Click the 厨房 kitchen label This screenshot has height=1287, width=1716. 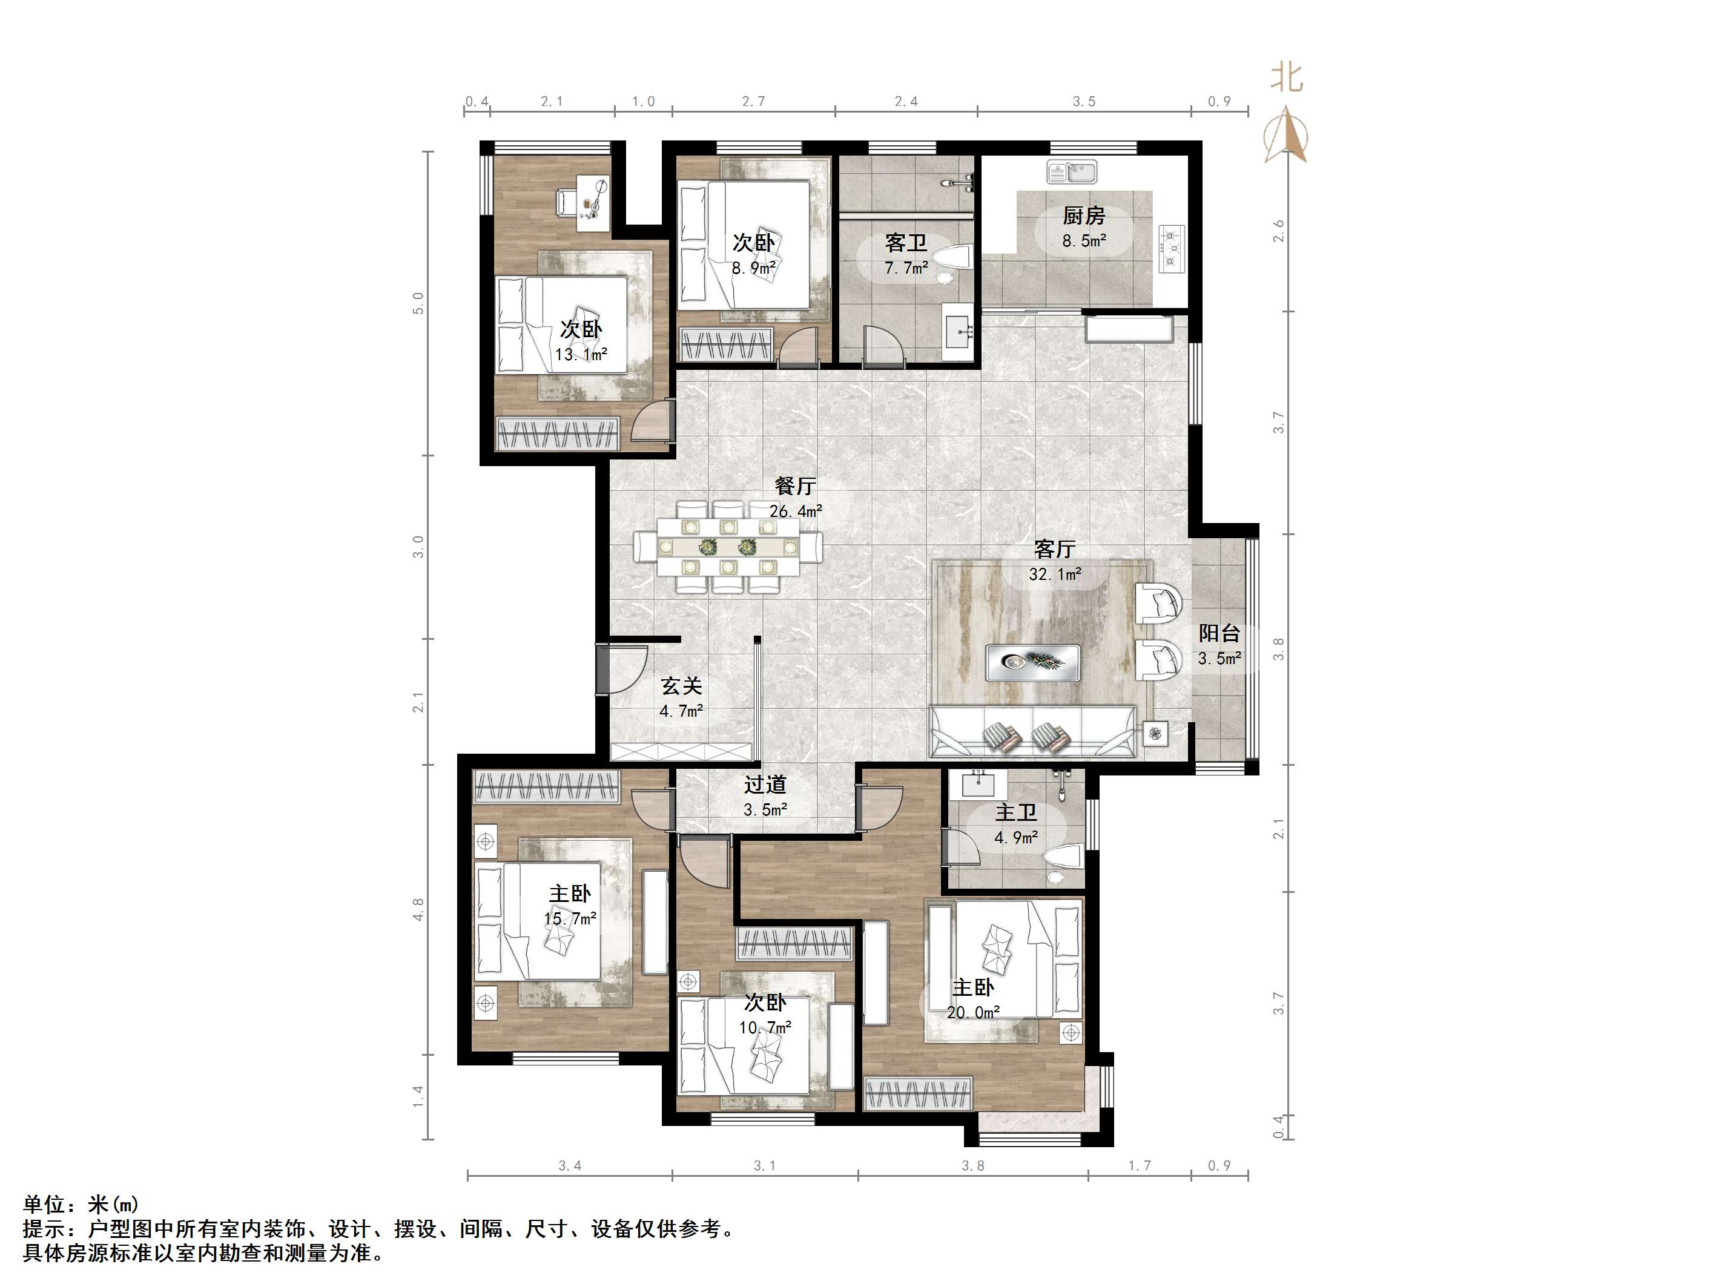[x=1083, y=216]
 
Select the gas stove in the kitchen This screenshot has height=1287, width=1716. [x=1173, y=248]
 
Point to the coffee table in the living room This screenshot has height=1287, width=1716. [x=1032, y=662]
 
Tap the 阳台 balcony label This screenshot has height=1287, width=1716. [x=1219, y=633]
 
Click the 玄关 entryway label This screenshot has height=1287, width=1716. [x=681, y=686]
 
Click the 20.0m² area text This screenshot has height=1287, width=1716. [x=973, y=1012]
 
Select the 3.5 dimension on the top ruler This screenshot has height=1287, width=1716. [x=1084, y=102]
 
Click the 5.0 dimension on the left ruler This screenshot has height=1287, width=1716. [x=418, y=303]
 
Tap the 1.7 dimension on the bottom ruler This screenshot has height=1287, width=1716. [x=1139, y=1165]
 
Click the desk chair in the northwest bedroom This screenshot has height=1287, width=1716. [x=566, y=202]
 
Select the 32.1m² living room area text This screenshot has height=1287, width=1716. [x=1054, y=574]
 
